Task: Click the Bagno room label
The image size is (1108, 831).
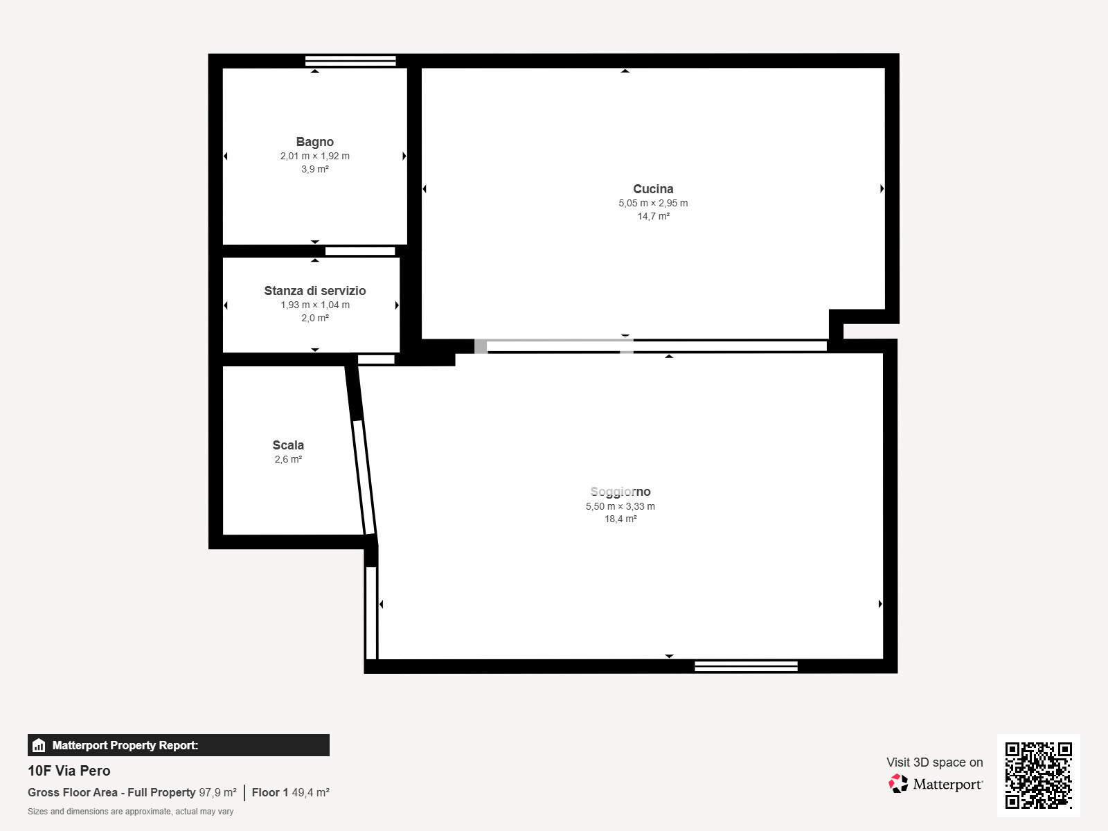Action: pyautogui.click(x=314, y=142)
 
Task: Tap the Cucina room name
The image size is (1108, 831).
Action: pyautogui.click(x=653, y=189)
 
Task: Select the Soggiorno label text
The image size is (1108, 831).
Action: pyautogui.click(x=620, y=492)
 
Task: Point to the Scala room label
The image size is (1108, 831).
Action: pyautogui.click(x=288, y=445)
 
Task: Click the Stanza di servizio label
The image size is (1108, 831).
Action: pyautogui.click(x=314, y=291)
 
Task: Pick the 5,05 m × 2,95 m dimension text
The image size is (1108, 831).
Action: pyautogui.click(x=653, y=203)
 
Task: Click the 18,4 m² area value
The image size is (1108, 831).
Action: pyautogui.click(x=620, y=519)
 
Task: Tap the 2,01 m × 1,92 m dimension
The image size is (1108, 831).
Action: pyautogui.click(x=314, y=156)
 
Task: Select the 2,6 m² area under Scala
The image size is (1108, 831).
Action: pyautogui.click(x=288, y=459)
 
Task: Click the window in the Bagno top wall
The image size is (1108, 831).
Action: pyautogui.click(x=350, y=61)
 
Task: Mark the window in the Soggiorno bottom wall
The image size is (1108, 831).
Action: pyautogui.click(x=746, y=666)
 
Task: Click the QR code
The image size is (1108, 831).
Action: pyautogui.click(x=1038, y=775)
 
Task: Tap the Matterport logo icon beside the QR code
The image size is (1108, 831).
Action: pyautogui.click(x=898, y=783)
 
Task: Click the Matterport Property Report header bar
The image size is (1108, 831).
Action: pyautogui.click(x=178, y=745)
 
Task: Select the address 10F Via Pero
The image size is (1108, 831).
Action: pyautogui.click(x=69, y=771)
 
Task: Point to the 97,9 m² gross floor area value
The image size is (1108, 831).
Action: pyautogui.click(x=217, y=792)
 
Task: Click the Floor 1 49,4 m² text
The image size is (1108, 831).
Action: pyautogui.click(x=290, y=792)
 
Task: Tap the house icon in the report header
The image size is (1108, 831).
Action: pyautogui.click(x=39, y=745)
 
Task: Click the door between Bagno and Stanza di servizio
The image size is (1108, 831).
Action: pyautogui.click(x=360, y=251)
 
